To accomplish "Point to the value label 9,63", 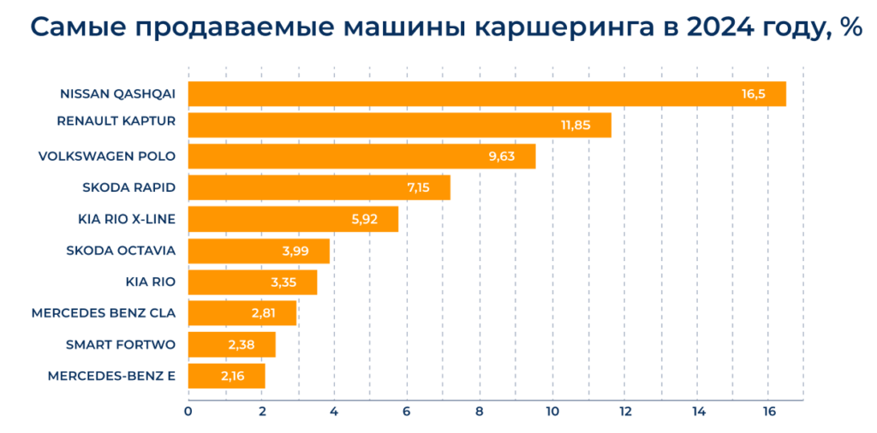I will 504,157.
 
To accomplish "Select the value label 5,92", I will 367,219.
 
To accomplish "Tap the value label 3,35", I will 286,282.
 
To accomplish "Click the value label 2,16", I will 234,377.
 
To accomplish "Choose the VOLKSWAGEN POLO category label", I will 107,156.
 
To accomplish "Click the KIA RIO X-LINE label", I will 126,219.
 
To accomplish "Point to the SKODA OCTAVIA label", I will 121,250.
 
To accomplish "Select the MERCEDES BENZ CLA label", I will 104,313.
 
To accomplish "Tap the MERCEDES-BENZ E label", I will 111,376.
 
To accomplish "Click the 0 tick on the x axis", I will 188,412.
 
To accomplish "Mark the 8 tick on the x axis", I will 480,412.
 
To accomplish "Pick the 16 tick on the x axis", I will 769,412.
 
